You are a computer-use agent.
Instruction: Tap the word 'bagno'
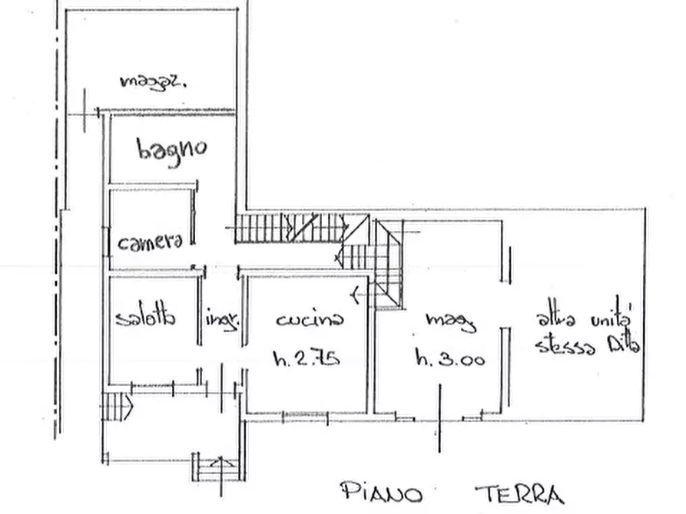point(171,148)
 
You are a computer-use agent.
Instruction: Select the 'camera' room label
point(151,242)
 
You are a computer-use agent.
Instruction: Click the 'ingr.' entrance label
point(222,320)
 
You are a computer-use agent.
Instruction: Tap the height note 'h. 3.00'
point(449,357)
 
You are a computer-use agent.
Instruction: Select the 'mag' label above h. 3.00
point(451,321)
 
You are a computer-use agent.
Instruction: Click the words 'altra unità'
point(584,317)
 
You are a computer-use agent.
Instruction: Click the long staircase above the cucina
point(290,229)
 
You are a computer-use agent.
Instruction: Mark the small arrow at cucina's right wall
point(353,292)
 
